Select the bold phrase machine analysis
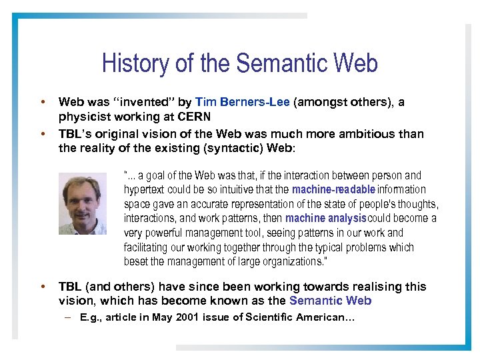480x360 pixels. click(326, 219)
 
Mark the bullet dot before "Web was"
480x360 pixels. click(43, 103)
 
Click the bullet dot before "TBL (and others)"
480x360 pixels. click(43, 287)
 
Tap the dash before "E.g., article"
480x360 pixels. click(69, 318)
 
